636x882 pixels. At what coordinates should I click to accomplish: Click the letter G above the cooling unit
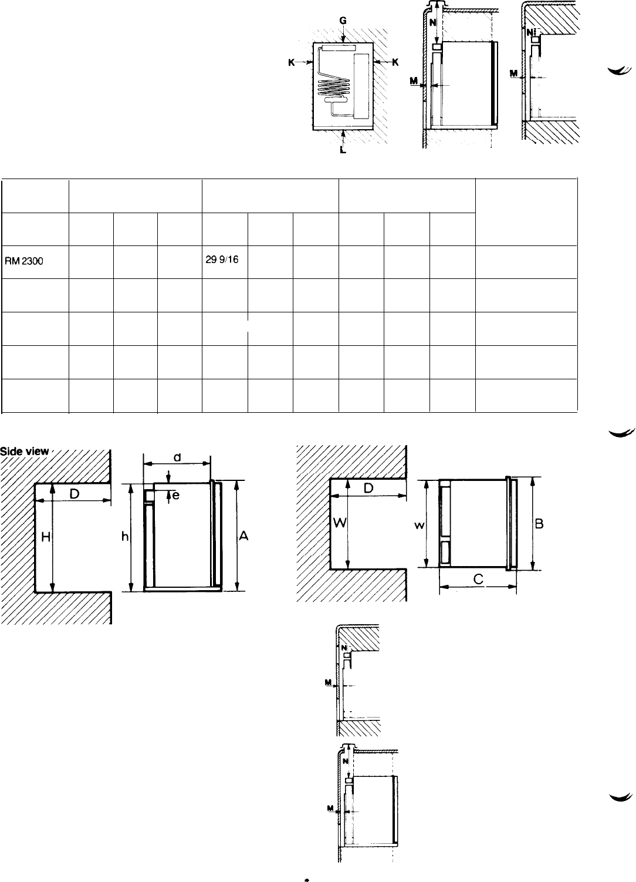pyautogui.click(x=343, y=21)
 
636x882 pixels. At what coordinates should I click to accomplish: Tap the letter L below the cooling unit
pyautogui.click(x=343, y=150)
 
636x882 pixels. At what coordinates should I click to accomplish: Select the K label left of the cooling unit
pyautogui.click(x=292, y=62)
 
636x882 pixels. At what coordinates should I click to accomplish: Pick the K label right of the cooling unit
pyautogui.click(x=395, y=62)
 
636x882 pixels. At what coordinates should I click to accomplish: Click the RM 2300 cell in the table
pyautogui.click(x=24, y=261)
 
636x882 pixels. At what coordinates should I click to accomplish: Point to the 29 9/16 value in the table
pyautogui.click(x=222, y=260)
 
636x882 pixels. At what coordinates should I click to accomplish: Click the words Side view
pyautogui.click(x=25, y=451)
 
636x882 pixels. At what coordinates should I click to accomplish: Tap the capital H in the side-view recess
pyautogui.click(x=46, y=536)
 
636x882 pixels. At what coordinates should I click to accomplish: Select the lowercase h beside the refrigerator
pyautogui.click(x=125, y=536)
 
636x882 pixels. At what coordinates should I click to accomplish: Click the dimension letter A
pyautogui.click(x=244, y=536)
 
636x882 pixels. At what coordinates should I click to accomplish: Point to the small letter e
pyautogui.click(x=176, y=496)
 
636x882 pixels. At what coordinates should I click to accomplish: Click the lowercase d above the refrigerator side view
pyautogui.click(x=177, y=457)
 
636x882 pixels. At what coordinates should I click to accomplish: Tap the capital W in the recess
pyautogui.click(x=340, y=523)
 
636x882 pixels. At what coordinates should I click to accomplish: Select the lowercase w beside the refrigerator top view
pyautogui.click(x=420, y=525)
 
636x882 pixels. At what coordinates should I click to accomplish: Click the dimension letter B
pyautogui.click(x=539, y=524)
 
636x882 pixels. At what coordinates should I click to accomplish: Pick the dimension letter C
pyautogui.click(x=478, y=579)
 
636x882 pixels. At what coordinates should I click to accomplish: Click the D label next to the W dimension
pyautogui.click(x=368, y=488)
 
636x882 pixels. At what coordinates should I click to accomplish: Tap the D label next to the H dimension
pyautogui.click(x=75, y=494)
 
